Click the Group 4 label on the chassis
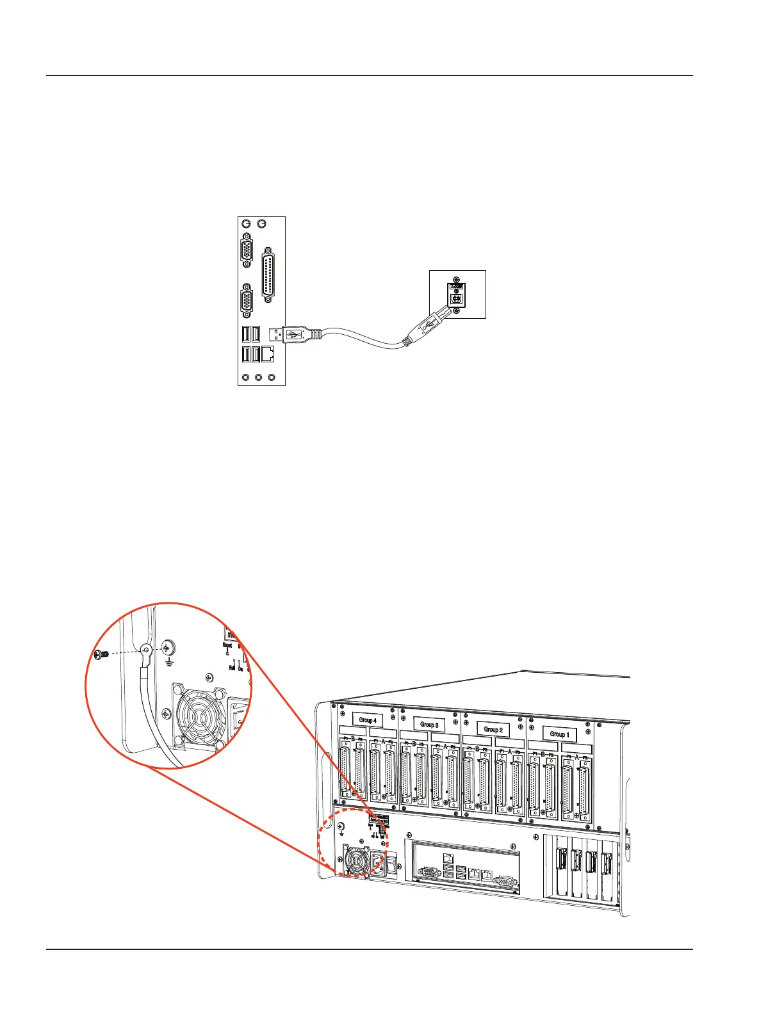pyautogui.click(x=367, y=720)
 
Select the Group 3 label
pyautogui.click(x=429, y=725)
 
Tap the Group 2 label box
pyautogui.click(x=493, y=729)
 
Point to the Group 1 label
pyautogui.click(x=559, y=734)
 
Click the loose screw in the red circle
pyautogui.click(x=98, y=654)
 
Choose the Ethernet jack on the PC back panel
pyautogui.click(x=268, y=354)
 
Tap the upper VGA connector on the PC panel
pyautogui.click(x=247, y=251)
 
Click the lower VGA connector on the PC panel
pyautogui.click(x=247, y=302)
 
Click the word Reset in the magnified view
pyautogui.click(x=227, y=646)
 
